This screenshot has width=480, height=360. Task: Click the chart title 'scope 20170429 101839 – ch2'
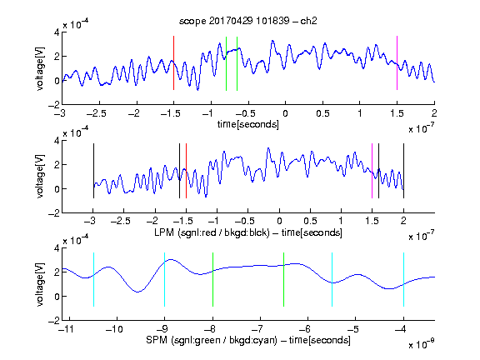[248, 21]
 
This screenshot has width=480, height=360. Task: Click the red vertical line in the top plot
[174, 62]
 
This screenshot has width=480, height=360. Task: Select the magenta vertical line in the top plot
[397, 62]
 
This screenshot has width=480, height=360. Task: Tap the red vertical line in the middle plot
[186, 171]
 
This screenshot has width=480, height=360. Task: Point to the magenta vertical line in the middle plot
[372, 171]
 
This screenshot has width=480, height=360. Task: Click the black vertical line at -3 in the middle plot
[93, 171]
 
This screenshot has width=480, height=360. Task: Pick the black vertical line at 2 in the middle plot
[403, 171]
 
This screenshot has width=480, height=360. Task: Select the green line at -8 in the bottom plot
[212, 279]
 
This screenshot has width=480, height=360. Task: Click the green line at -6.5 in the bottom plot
[284, 279]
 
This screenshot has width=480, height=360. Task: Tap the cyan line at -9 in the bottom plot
[165, 279]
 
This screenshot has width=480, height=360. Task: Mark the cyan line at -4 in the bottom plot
[403, 279]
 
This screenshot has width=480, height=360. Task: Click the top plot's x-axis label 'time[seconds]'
[248, 124]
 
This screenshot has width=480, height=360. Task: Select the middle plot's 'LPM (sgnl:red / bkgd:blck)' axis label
[212, 232]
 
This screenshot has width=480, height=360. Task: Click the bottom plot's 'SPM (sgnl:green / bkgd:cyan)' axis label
[212, 340]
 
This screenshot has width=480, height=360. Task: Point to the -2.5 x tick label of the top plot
[97, 113]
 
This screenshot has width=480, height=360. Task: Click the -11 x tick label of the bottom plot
[66, 329]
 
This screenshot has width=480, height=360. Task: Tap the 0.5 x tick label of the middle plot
[310, 221]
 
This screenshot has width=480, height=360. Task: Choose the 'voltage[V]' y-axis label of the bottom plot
[40, 284]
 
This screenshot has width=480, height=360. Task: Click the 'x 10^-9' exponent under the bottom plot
[422, 344]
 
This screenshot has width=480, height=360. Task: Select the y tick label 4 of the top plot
[57, 32]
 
